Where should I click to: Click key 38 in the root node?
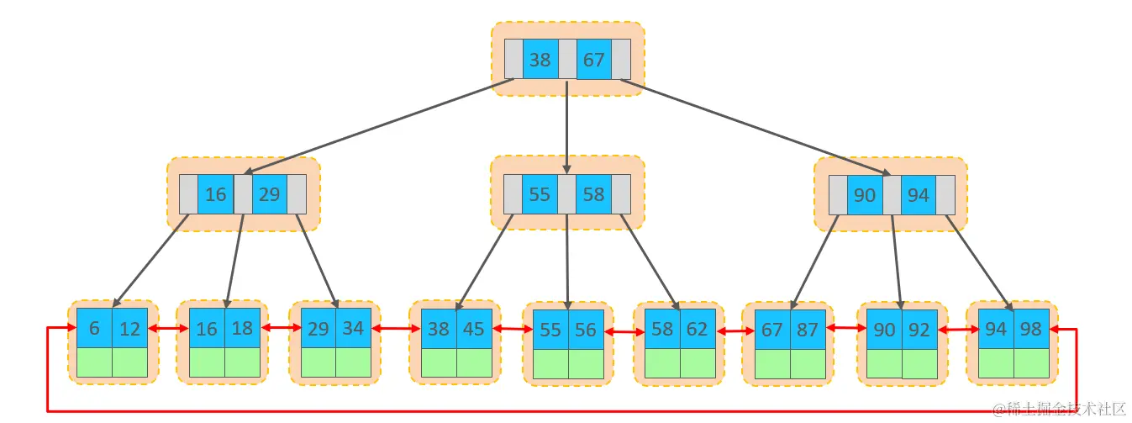pyautogui.click(x=540, y=60)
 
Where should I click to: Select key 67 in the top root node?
pyautogui.click(x=593, y=60)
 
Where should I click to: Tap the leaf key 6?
pyautogui.click(x=94, y=328)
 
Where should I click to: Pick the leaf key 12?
pyautogui.click(x=129, y=328)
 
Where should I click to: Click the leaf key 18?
pyautogui.click(x=242, y=328)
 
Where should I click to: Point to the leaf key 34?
pyautogui.click(x=353, y=328)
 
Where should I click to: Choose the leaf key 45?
pyautogui.click(x=474, y=328)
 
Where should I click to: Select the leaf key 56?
pyautogui.click(x=586, y=330)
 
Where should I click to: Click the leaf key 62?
pyautogui.click(x=698, y=328)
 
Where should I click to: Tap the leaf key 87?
pyautogui.click(x=808, y=330)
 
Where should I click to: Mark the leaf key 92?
pyautogui.click(x=919, y=330)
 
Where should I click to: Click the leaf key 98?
pyautogui.click(x=1031, y=328)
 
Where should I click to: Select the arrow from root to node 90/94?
pyautogui.click(x=756, y=126)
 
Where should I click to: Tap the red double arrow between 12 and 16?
pyautogui.click(x=167, y=329)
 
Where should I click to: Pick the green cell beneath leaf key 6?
pyautogui.click(x=94, y=362)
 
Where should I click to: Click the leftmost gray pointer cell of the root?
pyautogui.click(x=513, y=60)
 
